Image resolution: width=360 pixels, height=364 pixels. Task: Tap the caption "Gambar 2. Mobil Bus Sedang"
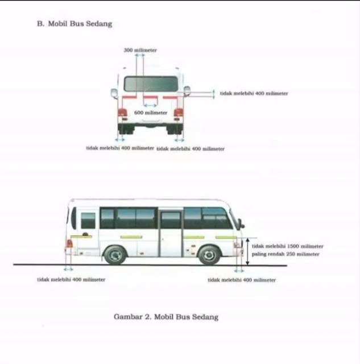[166, 317]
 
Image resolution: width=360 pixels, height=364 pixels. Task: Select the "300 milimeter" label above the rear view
[140, 50]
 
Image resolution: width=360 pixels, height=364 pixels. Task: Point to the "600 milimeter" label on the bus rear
[151, 113]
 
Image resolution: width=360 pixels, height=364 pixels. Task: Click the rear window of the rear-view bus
[151, 84]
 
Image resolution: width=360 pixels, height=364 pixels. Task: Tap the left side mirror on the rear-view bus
[114, 93]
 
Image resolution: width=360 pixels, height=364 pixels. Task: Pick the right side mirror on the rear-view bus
[187, 91]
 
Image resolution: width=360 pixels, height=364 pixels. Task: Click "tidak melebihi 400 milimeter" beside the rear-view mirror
[254, 93]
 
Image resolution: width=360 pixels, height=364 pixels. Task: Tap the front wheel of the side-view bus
[209, 254]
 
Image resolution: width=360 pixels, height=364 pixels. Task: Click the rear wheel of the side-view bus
[115, 254]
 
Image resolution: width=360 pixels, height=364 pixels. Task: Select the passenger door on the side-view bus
[170, 233]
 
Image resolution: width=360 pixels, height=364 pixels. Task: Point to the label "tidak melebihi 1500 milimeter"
[287, 246]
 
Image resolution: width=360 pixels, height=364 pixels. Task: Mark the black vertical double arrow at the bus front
[247, 252]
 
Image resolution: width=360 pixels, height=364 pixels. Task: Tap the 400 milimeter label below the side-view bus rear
[71, 279]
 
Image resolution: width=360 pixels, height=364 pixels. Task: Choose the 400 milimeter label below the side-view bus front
[242, 280]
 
